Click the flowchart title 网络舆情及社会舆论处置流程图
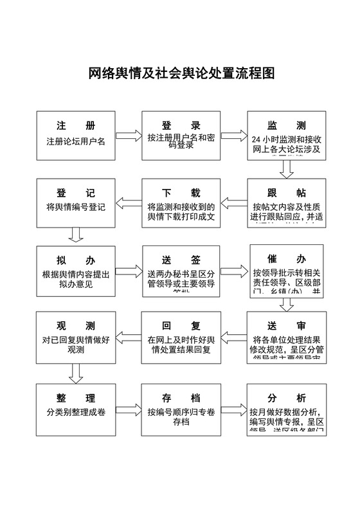tap(181, 74)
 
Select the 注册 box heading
tap(75, 125)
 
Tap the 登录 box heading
tap(181, 125)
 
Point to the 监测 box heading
tap(287, 125)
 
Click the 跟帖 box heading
tap(287, 193)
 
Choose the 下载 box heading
tap(181, 193)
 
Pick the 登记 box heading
tap(75, 193)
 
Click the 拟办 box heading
tap(75, 260)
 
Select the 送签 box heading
tap(181, 260)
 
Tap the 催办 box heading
tap(287, 258)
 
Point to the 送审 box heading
tap(287, 326)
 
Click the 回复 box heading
tap(181, 326)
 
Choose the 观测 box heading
tap(75, 326)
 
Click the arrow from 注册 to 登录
tap(128, 136)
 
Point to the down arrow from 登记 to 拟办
tap(76, 235)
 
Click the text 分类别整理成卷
tap(76, 411)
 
